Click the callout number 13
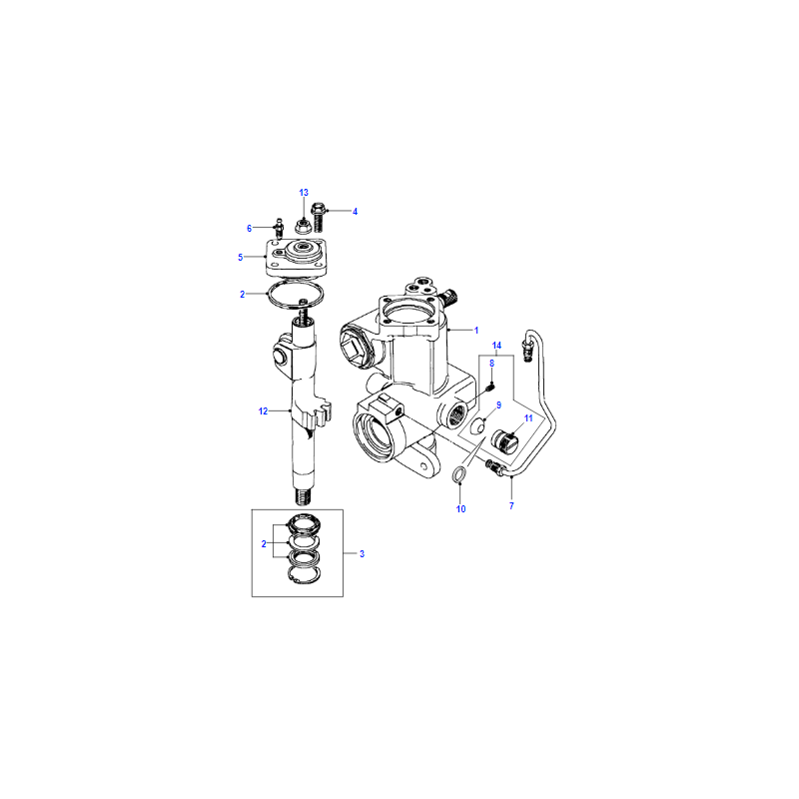304,193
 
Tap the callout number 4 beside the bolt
356,212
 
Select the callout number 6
249,229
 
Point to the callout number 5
241,258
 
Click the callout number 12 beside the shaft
263,411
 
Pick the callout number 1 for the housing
476,331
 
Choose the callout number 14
496,346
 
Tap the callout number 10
460,509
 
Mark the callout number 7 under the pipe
511,506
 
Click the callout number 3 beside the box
362,554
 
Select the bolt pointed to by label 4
319,217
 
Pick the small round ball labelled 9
478,427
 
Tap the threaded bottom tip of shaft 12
304,496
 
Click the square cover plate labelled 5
297,258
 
